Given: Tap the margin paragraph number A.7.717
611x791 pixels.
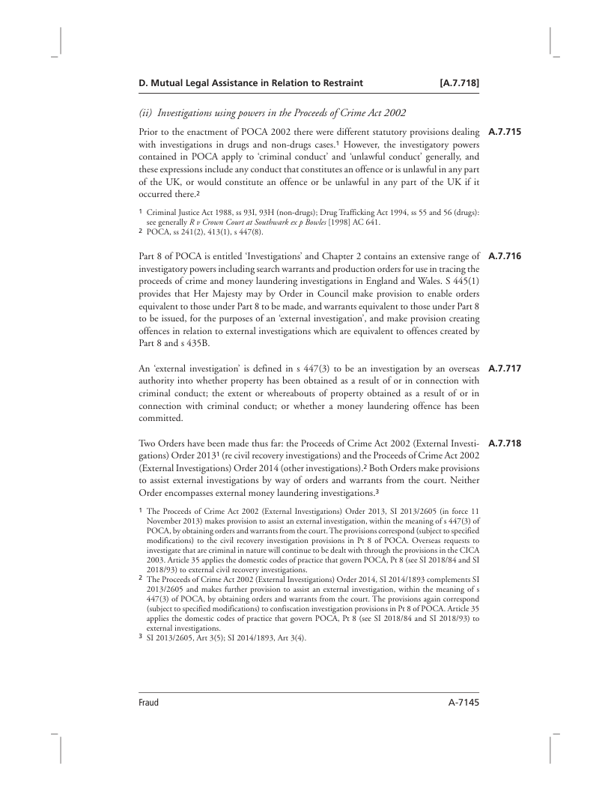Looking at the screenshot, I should tap(503, 368).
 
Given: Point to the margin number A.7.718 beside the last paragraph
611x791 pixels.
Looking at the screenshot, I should tap(503, 443).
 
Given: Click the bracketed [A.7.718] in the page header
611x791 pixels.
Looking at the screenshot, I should tap(458, 82).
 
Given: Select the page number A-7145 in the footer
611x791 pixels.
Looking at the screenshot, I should tap(458, 703).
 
